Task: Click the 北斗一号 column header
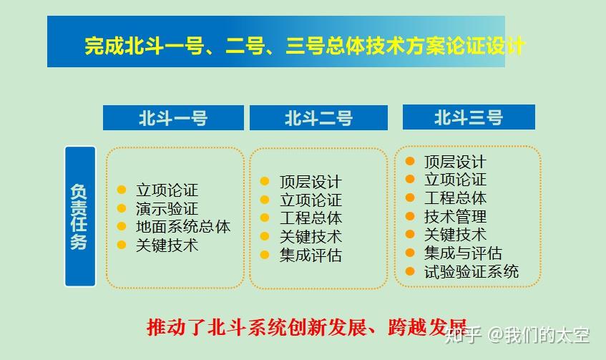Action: (x=173, y=117)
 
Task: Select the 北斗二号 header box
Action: (x=318, y=117)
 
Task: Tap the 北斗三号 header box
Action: (x=469, y=117)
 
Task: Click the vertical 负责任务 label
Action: (x=80, y=216)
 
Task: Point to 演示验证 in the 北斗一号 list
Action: (x=167, y=209)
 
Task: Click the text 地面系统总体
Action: (x=183, y=227)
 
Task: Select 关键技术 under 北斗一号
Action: (x=167, y=245)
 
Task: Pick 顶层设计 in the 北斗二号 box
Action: (x=311, y=182)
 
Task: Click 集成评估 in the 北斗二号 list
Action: (x=311, y=255)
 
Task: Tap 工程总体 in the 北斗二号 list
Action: (x=311, y=218)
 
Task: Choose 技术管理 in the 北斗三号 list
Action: (x=455, y=217)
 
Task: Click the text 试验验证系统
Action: (x=471, y=271)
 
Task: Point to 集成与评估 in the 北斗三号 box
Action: (x=463, y=253)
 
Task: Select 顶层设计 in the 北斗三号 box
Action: (x=455, y=162)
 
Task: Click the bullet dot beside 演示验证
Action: (x=122, y=208)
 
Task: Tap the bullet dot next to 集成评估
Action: (x=265, y=255)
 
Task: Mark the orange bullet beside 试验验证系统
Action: (x=410, y=271)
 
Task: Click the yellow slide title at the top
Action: (x=305, y=46)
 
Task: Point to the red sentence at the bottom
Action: (x=307, y=328)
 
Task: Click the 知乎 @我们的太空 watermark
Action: (x=517, y=335)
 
